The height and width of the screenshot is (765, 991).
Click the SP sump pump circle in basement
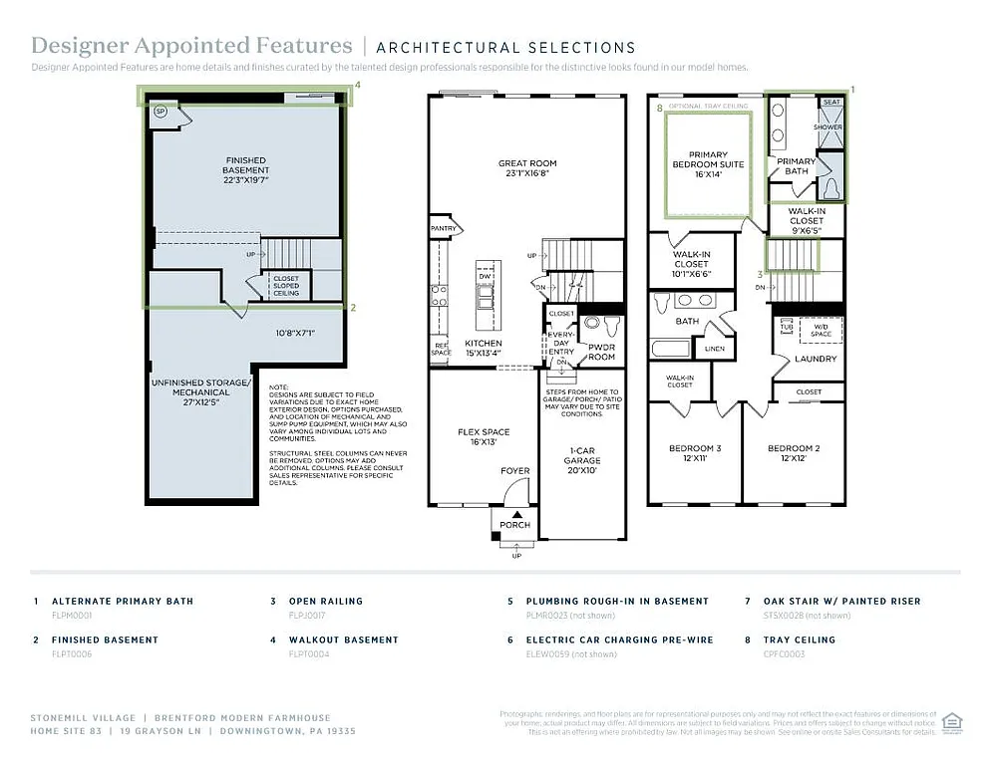[161, 113]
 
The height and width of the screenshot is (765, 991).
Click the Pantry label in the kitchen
[444, 229]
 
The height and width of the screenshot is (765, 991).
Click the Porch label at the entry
[514, 525]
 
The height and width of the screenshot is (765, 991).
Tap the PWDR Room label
[601, 352]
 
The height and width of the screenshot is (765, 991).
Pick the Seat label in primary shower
[830, 102]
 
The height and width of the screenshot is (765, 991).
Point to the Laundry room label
[816, 359]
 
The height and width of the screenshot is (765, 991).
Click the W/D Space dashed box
[821, 330]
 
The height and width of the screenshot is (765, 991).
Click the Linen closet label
[714, 349]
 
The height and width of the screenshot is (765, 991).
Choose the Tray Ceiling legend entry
[806, 639]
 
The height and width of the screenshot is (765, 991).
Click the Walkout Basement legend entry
[343, 639]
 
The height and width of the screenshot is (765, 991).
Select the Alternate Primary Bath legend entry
[123, 601]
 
